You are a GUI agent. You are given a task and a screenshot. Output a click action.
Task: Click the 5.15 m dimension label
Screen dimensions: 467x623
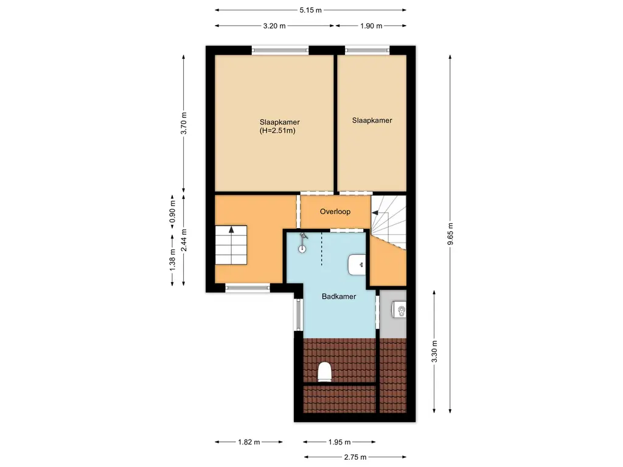tap(310, 10)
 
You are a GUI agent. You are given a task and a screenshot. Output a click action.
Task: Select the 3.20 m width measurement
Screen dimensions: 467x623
tap(274, 26)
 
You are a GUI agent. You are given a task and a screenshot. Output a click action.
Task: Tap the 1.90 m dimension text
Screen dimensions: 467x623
tap(371, 26)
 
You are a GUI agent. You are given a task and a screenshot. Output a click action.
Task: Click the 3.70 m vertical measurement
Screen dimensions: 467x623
tap(184, 123)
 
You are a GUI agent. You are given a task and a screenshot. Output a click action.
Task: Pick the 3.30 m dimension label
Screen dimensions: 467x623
tap(434, 350)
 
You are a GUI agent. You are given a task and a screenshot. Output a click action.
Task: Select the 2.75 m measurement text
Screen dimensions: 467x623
tap(355, 457)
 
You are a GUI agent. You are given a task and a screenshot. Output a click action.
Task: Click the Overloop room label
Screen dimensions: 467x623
tap(336, 212)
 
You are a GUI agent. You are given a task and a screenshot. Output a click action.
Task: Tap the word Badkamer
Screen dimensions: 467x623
tap(339, 296)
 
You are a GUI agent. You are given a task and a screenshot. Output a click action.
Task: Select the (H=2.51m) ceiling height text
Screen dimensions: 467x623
tap(277, 130)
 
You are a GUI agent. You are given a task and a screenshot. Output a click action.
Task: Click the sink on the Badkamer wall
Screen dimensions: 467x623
tap(358, 265)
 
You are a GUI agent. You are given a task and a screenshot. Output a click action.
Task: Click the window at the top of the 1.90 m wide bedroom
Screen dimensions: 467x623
tap(367, 50)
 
